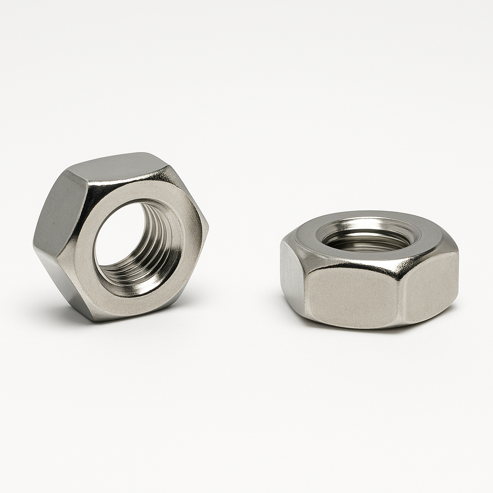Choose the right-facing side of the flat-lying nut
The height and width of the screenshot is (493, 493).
(x=431, y=284)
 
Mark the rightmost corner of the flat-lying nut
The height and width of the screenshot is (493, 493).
(x=457, y=250)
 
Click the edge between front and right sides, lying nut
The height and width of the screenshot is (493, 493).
(x=402, y=294)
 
